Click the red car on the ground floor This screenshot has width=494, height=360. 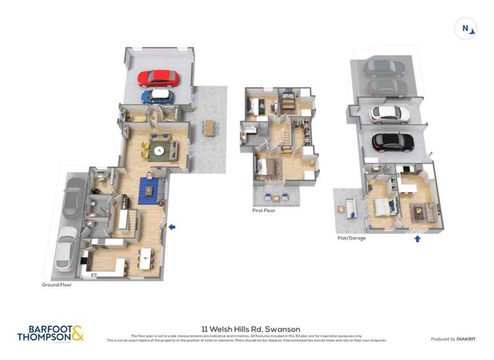tap(158, 78)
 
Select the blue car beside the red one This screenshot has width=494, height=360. tap(157, 97)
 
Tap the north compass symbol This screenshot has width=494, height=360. tap(466, 28)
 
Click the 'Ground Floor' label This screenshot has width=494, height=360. tap(57, 285)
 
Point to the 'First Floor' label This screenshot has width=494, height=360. tap(263, 211)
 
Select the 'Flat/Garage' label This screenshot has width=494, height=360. tap(351, 238)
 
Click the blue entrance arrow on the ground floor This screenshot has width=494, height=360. tap(172, 227)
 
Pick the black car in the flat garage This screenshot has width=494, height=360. tap(393, 141)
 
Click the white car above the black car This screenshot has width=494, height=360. tap(390, 114)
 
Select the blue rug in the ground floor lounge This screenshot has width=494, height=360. tap(149, 190)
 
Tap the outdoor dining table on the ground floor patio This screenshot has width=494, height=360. tap(209, 126)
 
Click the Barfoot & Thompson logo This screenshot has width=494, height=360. tap(51, 333)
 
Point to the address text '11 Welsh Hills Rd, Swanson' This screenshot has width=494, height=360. tap(250, 329)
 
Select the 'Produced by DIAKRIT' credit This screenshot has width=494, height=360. tap(453, 339)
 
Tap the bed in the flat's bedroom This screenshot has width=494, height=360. tap(383, 207)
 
